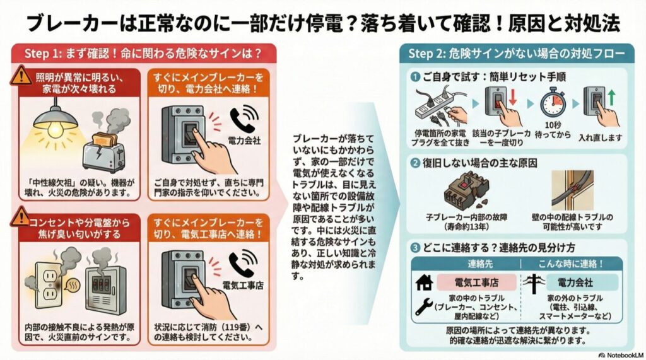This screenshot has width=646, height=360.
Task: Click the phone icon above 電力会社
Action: pos(242,120)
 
